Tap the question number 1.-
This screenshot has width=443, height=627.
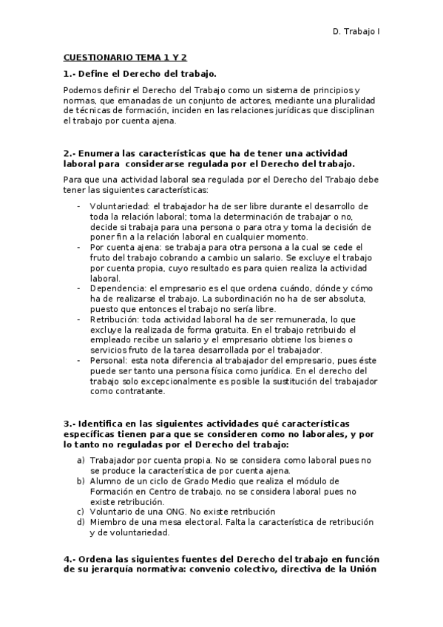pyautogui.click(x=70, y=72)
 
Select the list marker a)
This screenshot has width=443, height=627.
pyautogui.click(x=80, y=460)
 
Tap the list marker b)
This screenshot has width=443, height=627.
pyautogui.click(x=80, y=481)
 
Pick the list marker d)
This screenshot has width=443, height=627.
pyautogui.click(x=80, y=522)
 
